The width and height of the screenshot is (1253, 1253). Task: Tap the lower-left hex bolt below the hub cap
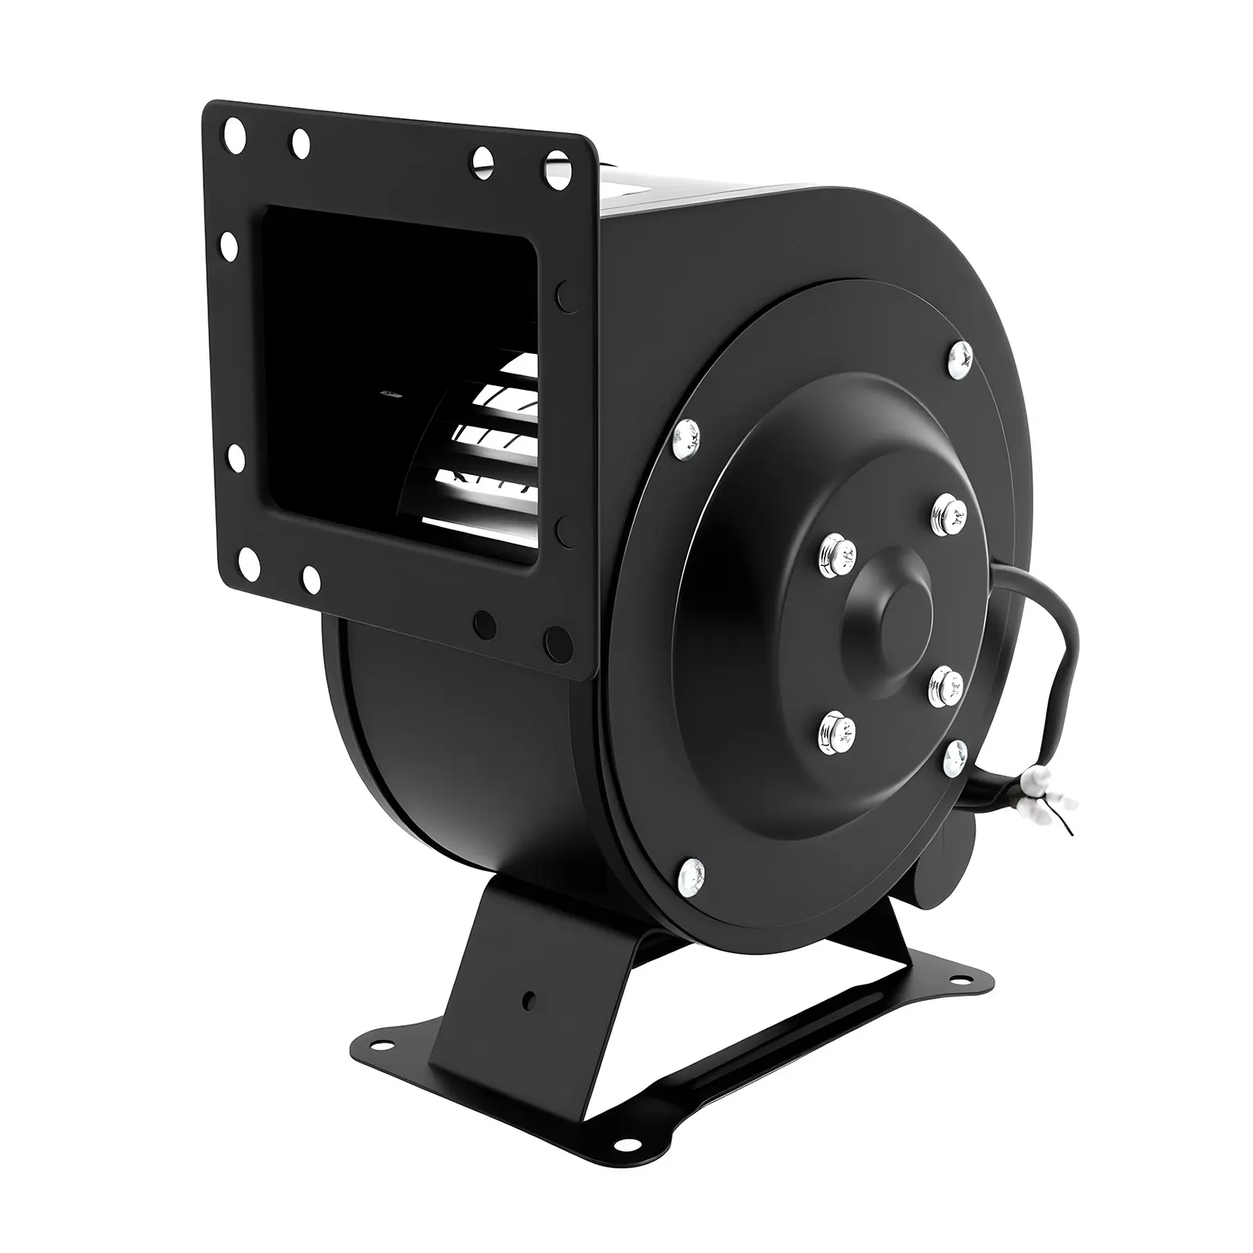click(836, 732)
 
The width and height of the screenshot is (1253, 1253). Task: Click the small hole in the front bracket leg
click(529, 999)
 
